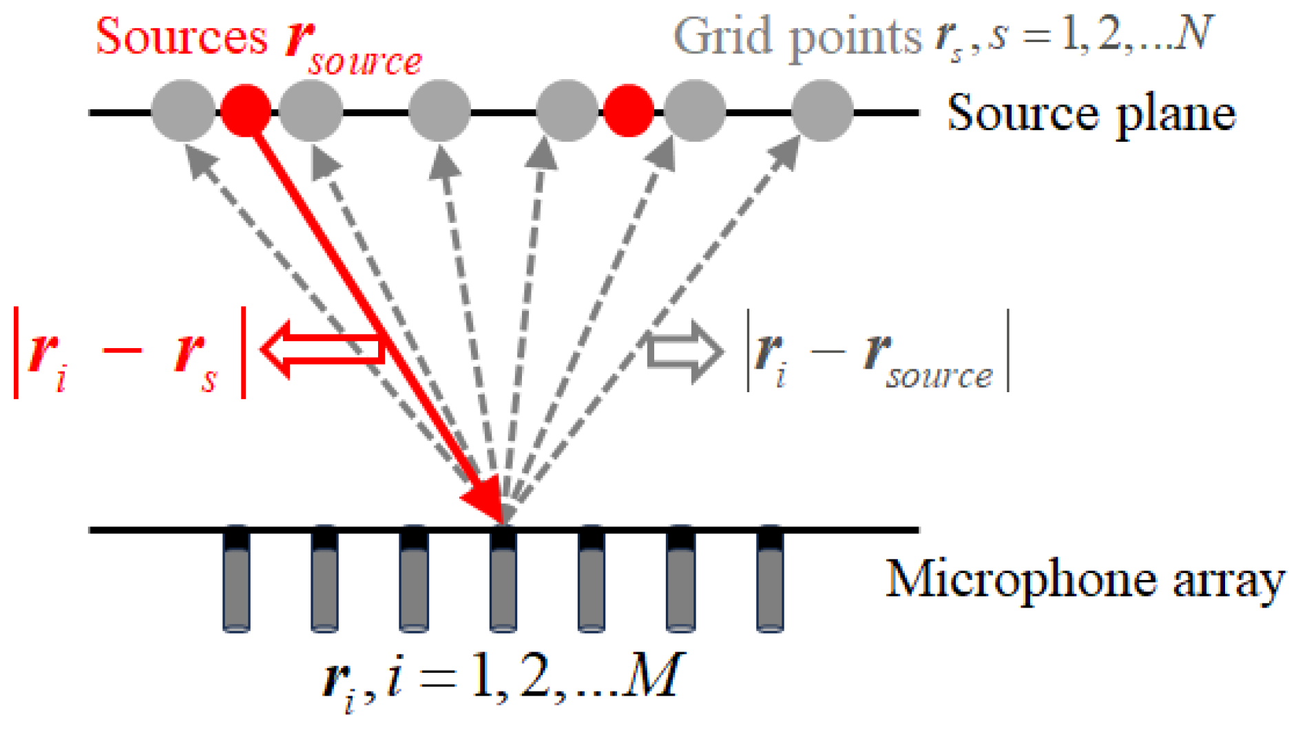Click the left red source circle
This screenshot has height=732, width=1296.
pyautogui.click(x=246, y=110)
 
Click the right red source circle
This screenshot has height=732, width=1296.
pyautogui.click(x=628, y=110)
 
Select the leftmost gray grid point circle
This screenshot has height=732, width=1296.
pyautogui.click(x=182, y=110)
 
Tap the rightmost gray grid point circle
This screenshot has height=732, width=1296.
pyautogui.click(x=822, y=110)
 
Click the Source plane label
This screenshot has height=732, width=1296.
pyautogui.click(x=1091, y=114)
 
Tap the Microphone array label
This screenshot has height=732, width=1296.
pyautogui.click(x=1085, y=579)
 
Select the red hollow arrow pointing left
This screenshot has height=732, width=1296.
pyautogui.click(x=320, y=349)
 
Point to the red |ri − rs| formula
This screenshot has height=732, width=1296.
pyautogui.click(x=129, y=353)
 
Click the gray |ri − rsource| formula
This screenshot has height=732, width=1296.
pyautogui.click(x=878, y=353)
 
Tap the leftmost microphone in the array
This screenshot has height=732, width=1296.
pyautogui.click(x=236, y=579)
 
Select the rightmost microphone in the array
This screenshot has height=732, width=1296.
pyautogui.click(x=770, y=579)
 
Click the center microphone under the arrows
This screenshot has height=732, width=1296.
pyautogui.click(x=503, y=579)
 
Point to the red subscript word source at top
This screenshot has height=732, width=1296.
pyautogui.click(x=365, y=62)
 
